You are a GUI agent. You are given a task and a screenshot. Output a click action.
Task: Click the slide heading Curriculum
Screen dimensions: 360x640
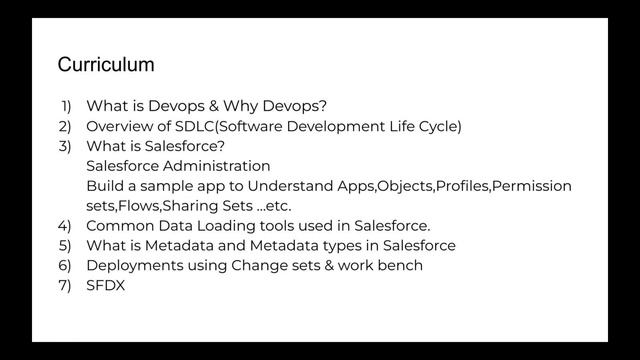(x=106, y=65)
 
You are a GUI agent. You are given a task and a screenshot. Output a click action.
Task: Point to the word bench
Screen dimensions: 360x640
(x=401, y=265)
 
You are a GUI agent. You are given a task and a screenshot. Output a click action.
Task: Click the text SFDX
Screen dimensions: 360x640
(x=105, y=285)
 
